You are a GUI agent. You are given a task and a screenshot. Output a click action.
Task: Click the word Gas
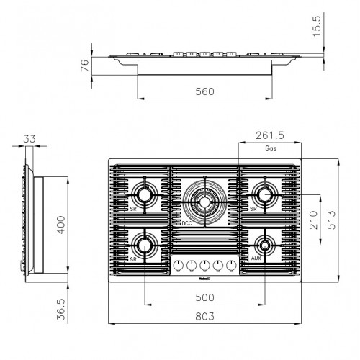pos(271,149)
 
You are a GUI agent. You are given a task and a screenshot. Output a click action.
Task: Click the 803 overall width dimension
pos(204,316)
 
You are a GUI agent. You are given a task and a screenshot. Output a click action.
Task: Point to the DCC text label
pos(186,224)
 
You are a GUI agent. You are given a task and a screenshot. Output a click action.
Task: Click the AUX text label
pos(256,257)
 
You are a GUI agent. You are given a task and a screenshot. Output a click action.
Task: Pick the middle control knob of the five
pos(205,264)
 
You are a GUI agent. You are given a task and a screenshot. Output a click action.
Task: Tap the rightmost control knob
pos(231,264)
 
